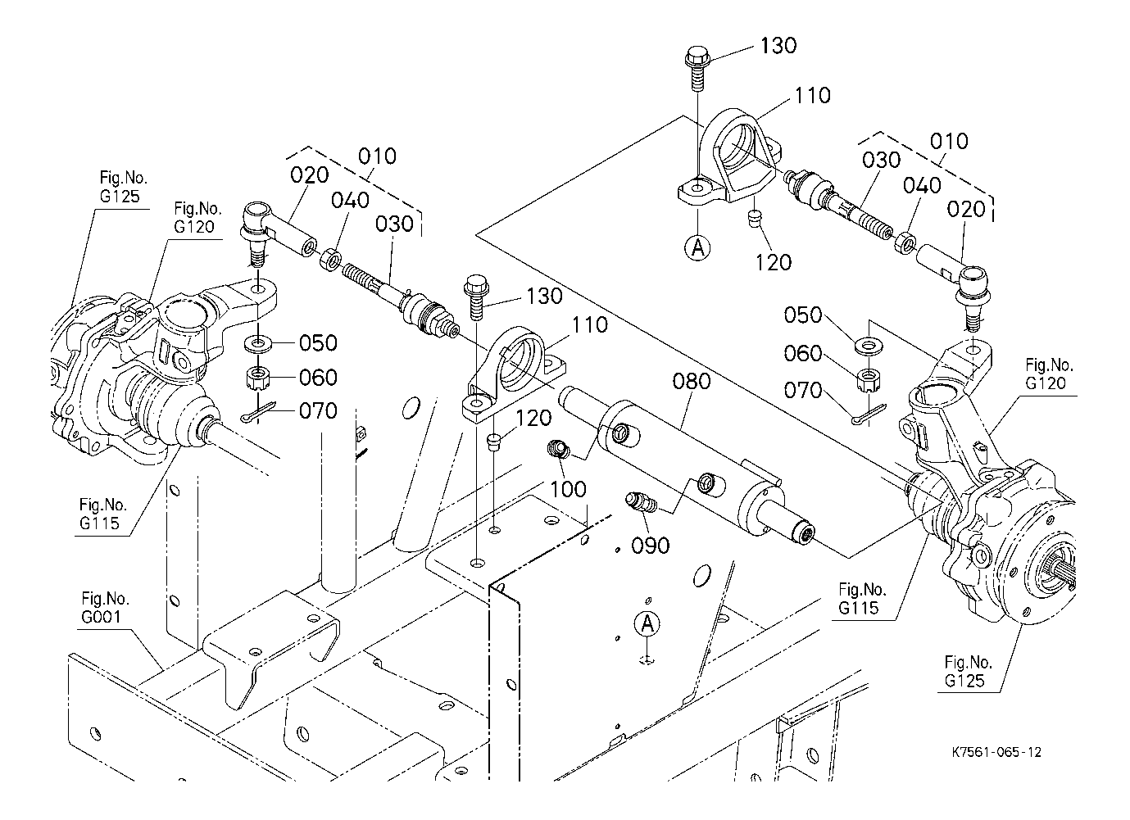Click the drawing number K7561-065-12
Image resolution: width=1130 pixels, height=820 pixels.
996,753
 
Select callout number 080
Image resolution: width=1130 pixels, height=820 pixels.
692,382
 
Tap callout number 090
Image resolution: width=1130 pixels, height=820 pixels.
651,546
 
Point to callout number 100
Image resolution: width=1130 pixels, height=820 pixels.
568,489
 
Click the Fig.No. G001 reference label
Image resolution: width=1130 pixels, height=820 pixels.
104,608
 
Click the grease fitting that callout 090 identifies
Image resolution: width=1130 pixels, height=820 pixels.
640,502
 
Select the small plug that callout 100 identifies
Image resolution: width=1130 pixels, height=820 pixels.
558,447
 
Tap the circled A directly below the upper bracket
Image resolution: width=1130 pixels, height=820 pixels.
697,247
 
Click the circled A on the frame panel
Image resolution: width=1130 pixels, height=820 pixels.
647,624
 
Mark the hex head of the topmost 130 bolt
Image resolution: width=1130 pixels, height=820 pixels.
697,56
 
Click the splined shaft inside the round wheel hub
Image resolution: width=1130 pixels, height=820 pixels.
1062,575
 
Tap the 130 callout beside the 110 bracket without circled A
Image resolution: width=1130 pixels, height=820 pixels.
544,296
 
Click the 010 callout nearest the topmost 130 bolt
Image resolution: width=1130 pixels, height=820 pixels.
949,141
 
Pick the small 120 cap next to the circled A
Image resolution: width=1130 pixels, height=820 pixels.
754,220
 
